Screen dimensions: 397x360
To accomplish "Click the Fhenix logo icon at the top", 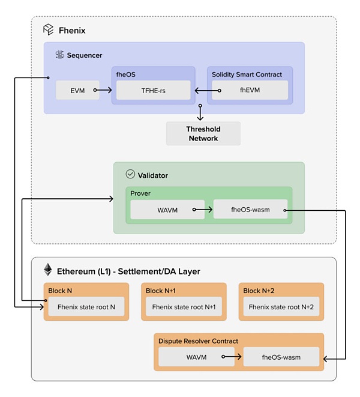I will click(49, 29).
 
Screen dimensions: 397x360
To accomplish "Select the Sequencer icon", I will click(59, 55).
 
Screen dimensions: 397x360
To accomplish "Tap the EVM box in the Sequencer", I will click(77, 90).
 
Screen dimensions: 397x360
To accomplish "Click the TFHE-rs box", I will click(154, 90).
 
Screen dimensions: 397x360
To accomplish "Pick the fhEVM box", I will click(250, 90).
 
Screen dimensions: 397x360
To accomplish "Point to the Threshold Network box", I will click(203, 133).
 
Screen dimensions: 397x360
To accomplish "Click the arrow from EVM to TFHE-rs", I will click(103, 90).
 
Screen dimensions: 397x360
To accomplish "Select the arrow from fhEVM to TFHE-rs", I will click(206, 90).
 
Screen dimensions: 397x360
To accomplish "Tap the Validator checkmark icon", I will click(131, 175).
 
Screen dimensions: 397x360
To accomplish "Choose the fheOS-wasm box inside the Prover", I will click(250, 210).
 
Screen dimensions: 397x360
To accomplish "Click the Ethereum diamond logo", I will click(47, 270).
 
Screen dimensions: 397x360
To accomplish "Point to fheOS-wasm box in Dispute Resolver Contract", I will click(280, 357).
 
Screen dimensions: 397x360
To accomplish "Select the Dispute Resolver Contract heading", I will click(199, 341).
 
